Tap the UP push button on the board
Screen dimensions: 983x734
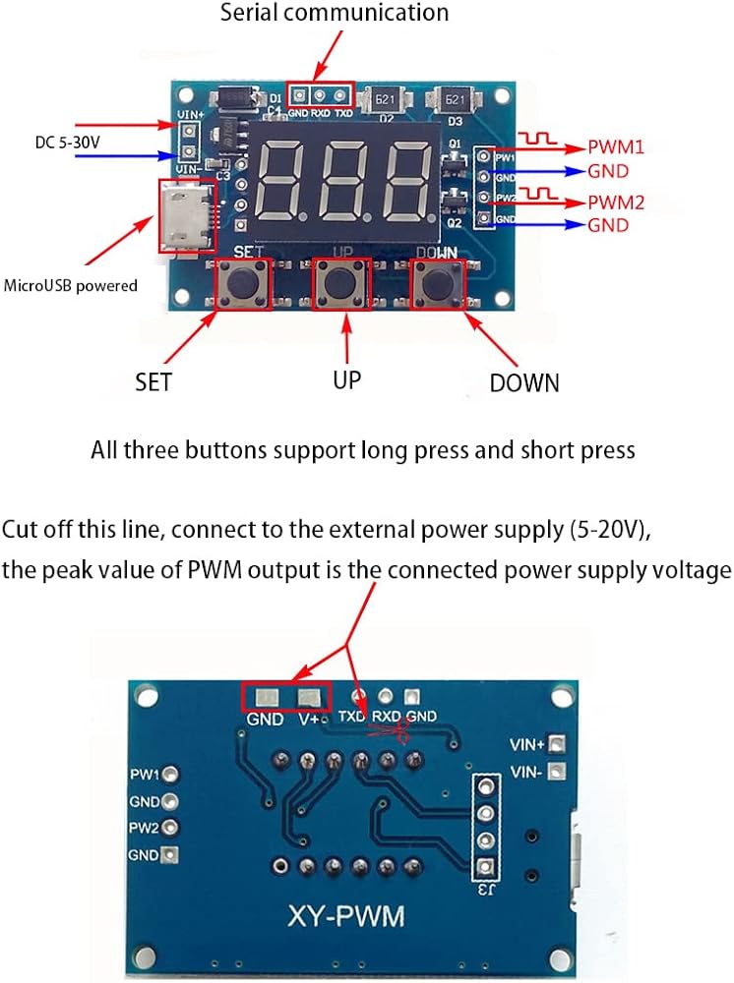pos(341,285)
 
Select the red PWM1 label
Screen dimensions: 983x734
pos(615,148)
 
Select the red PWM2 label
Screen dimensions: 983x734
pos(615,204)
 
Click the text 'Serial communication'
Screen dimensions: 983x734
pos(334,14)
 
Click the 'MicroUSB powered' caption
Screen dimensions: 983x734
pos(71,286)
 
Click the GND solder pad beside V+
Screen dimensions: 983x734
pos(266,698)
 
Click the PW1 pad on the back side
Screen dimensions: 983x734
pos(170,775)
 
